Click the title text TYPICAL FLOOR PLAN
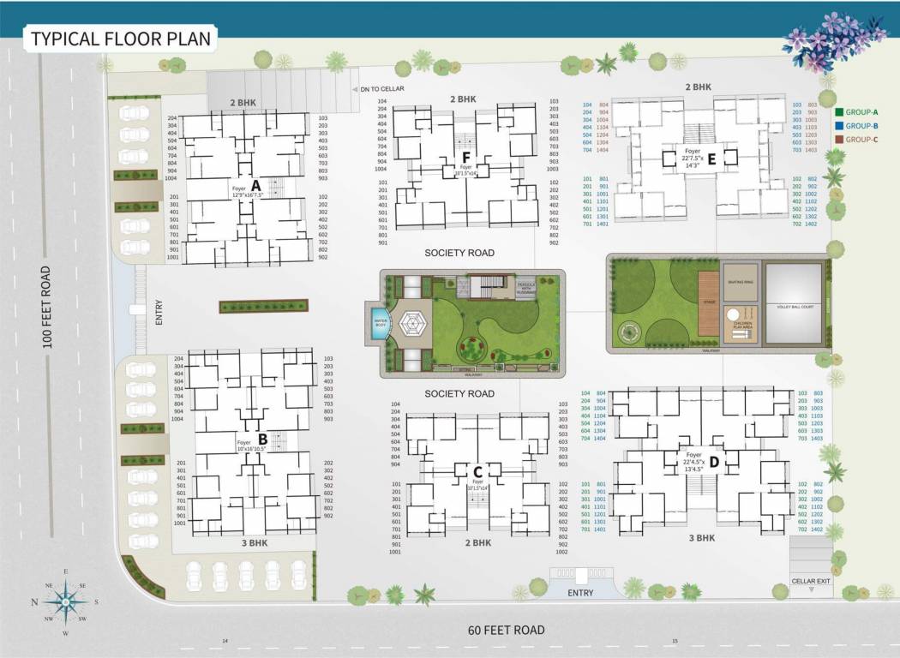tap(121, 39)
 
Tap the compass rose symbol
tap(65, 601)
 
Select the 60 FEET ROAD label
tap(506, 630)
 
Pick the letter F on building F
tap(466, 158)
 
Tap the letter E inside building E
tap(711, 157)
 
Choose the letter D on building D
tap(713, 463)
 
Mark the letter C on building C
tap(477, 471)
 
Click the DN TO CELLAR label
tap(381, 88)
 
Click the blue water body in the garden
tap(378, 324)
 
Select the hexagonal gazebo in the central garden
tap(411, 324)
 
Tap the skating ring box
tap(739, 281)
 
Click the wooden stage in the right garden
tap(706, 304)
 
